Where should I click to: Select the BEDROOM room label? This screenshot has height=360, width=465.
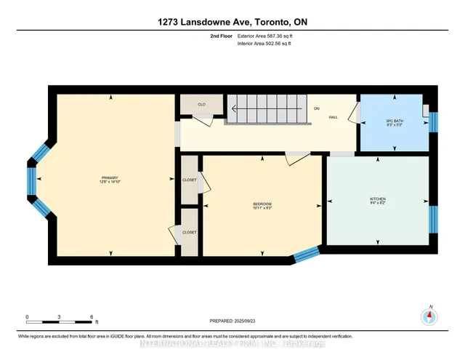[x=262, y=205]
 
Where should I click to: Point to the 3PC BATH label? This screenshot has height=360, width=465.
[x=394, y=121]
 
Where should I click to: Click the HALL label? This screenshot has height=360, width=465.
[x=333, y=116]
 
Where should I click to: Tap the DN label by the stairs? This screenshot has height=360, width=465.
[x=317, y=108]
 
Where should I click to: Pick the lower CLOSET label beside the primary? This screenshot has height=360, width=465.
[x=190, y=232]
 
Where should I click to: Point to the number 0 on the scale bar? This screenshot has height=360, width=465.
[x=28, y=317]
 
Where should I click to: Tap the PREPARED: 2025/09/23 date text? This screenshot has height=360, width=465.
[x=232, y=321]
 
